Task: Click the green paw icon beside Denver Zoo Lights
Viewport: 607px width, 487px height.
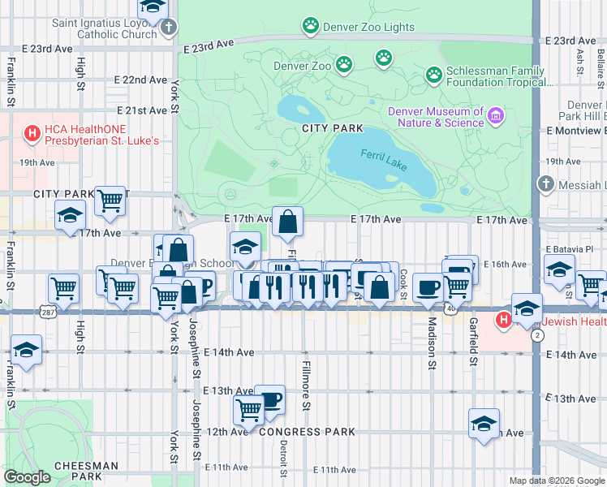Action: click(310, 26)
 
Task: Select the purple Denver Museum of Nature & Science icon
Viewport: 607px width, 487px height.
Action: click(494, 117)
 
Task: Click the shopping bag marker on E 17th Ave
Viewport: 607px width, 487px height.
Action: click(288, 222)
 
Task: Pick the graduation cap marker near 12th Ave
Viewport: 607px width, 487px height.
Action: click(484, 425)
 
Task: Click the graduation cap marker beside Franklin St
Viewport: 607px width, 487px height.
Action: click(27, 351)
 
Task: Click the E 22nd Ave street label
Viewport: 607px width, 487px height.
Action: click(141, 80)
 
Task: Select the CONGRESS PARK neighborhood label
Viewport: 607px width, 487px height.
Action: click(303, 432)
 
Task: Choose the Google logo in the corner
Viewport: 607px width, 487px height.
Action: click(27, 477)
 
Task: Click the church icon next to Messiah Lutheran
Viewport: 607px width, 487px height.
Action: click(545, 184)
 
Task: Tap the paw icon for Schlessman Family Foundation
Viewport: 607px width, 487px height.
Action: click(434, 75)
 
